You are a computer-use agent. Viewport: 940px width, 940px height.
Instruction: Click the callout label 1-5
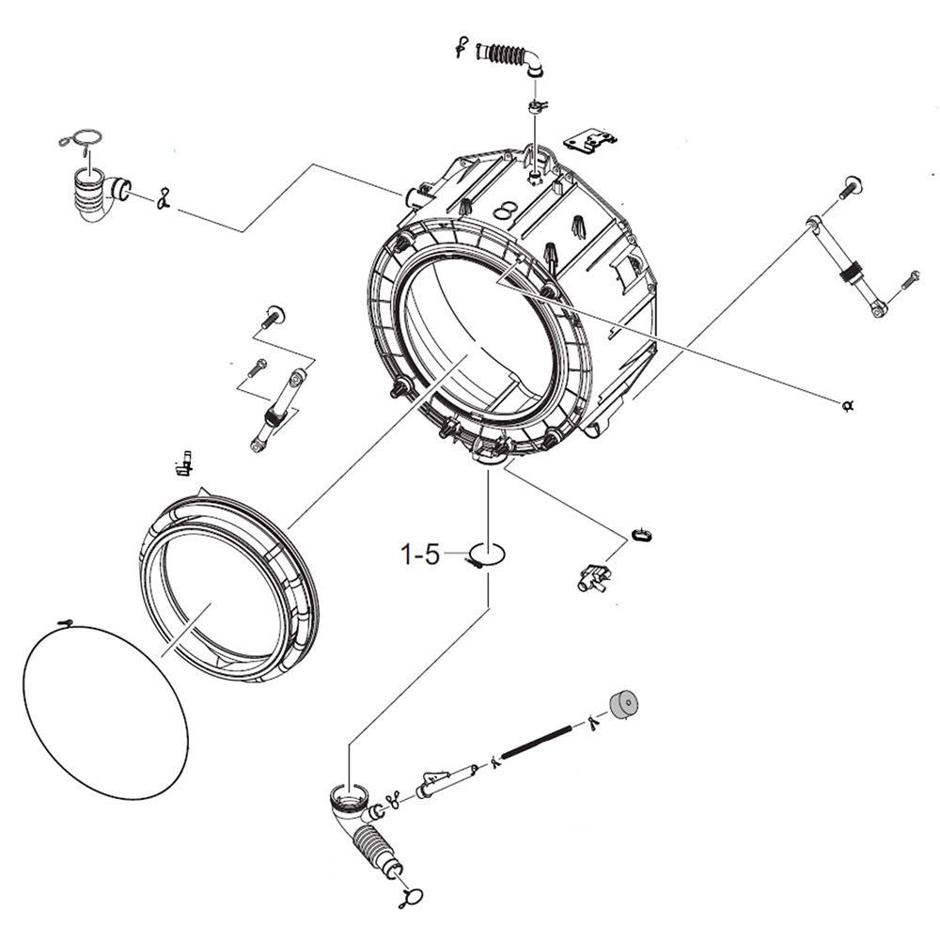click(420, 556)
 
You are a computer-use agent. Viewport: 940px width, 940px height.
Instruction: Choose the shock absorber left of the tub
click(277, 410)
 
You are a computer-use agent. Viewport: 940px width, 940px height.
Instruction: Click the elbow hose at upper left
click(95, 193)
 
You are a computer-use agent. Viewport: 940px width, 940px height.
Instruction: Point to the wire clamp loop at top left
click(79, 140)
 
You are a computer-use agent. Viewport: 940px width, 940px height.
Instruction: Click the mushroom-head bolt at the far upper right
click(849, 185)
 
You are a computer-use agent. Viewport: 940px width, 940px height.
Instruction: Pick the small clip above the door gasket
click(185, 462)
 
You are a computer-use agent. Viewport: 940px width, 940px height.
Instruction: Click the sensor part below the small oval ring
click(591, 575)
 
